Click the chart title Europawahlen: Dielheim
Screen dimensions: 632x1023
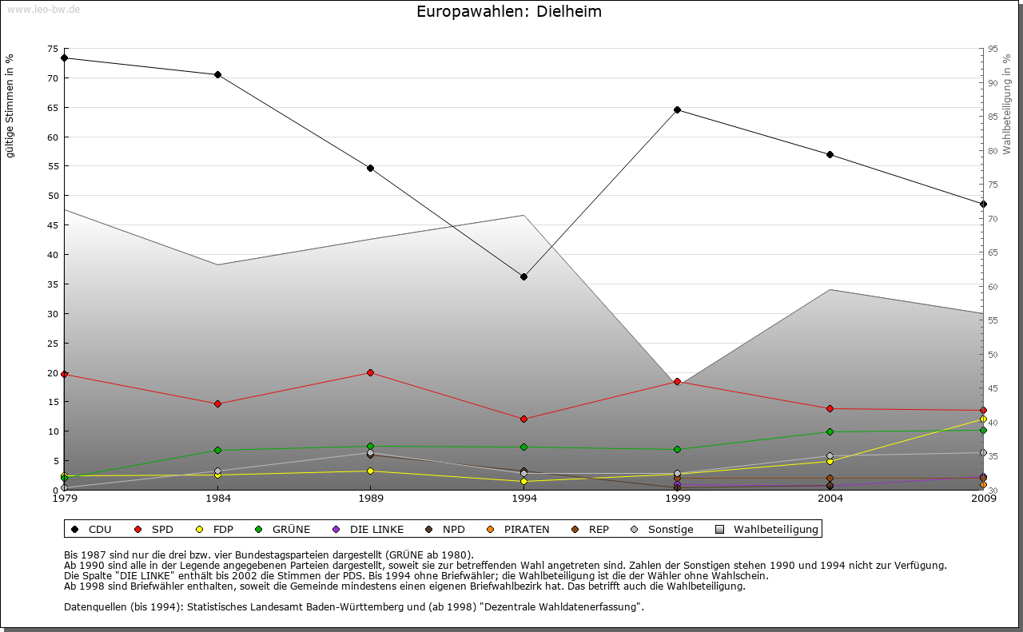point(509,12)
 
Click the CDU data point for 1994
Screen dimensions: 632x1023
point(523,276)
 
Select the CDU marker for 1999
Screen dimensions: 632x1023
point(677,109)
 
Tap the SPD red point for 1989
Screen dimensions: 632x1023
point(370,372)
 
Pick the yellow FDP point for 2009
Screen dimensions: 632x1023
point(983,419)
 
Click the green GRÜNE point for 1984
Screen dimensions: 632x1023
point(217,450)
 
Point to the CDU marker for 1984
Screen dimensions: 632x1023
point(217,74)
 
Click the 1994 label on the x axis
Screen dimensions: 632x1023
point(523,499)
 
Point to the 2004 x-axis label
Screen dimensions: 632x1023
point(830,499)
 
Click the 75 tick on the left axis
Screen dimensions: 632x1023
point(53,49)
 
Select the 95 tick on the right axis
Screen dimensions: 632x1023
point(993,49)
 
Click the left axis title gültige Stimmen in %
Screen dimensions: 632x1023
point(10,106)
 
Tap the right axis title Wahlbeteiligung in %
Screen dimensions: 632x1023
point(1007,103)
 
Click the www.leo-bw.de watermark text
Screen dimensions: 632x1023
point(43,9)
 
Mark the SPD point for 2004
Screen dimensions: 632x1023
point(830,408)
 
